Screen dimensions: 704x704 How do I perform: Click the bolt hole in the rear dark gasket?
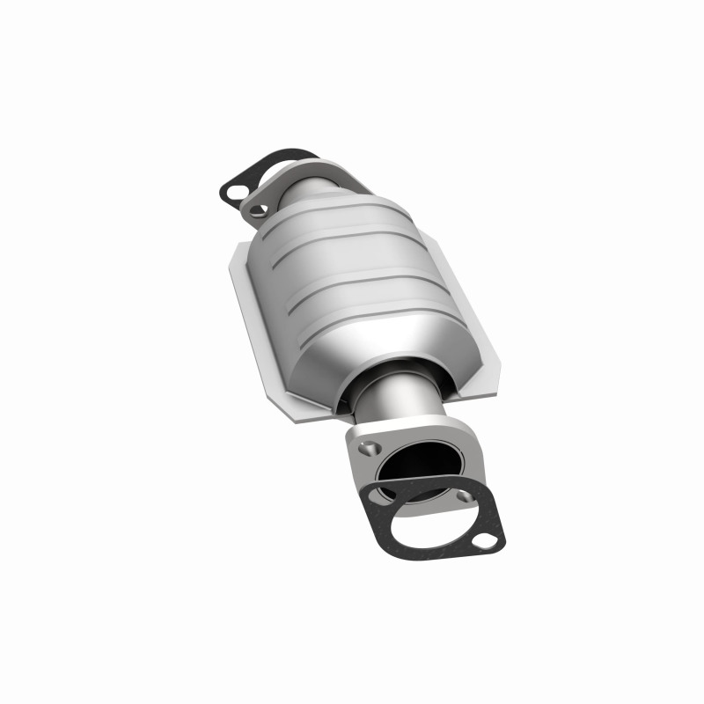(233, 187)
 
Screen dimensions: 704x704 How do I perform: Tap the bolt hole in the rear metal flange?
(256, 209)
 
